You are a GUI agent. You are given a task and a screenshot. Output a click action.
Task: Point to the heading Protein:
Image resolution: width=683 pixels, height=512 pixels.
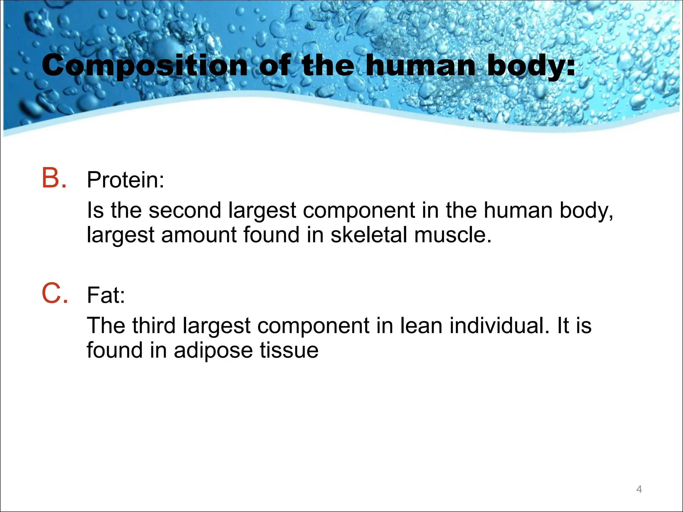125,180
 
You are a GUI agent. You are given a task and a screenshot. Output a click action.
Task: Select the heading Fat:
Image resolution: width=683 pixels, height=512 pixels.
106,295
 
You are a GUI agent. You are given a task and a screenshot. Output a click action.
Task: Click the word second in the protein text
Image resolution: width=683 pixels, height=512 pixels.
185,211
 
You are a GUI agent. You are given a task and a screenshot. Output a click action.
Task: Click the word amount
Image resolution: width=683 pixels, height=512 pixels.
199,235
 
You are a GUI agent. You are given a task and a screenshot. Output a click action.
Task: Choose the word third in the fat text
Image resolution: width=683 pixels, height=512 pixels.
154,326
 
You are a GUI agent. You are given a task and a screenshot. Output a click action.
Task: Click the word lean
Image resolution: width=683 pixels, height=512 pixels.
421,326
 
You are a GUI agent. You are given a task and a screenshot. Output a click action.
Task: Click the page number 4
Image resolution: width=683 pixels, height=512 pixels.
639,489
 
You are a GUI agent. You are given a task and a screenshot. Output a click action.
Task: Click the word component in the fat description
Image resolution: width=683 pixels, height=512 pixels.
313,326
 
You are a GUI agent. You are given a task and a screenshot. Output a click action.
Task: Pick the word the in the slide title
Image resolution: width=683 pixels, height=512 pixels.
328,66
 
